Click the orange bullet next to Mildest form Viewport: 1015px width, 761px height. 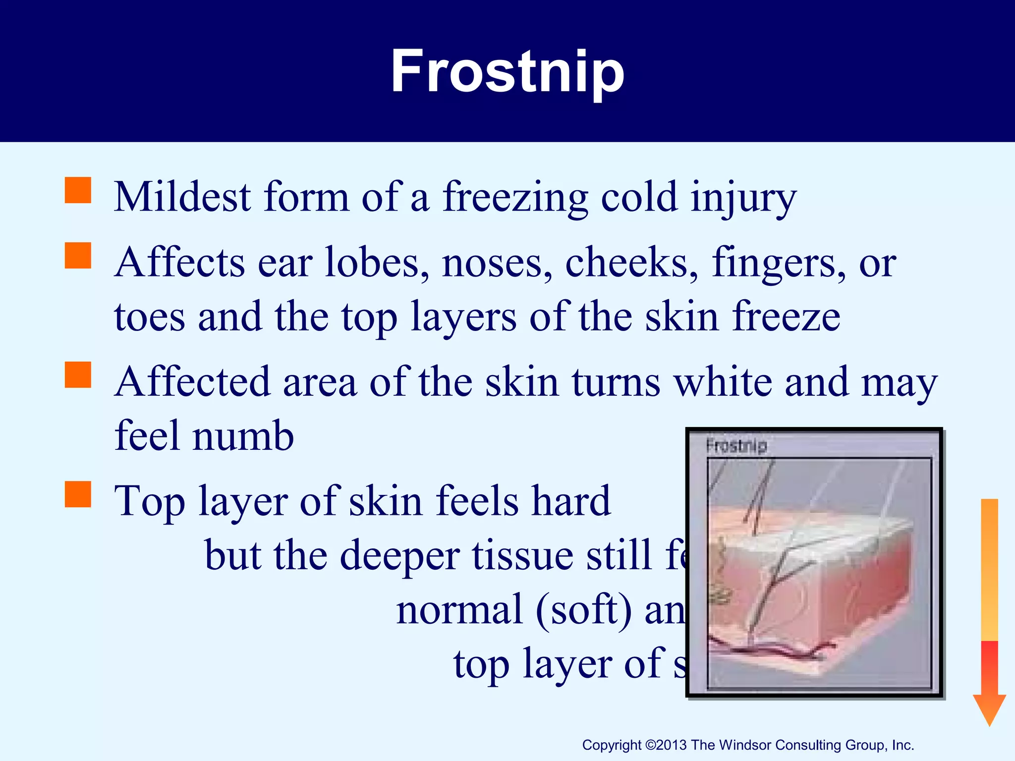click(x=78, y=191)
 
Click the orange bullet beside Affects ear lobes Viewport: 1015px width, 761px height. click(x=78, y=256)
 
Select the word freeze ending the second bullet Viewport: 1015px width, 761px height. click(x=786, y=317)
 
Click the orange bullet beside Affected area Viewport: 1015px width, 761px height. click(x=78, y=375)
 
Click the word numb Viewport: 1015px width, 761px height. click(x=243, y=436)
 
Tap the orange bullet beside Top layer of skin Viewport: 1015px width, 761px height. click(x=78, y=494)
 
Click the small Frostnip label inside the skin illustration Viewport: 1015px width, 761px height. click(x=736, y=445)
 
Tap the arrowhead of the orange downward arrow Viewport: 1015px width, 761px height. click(x=989, y=708)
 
